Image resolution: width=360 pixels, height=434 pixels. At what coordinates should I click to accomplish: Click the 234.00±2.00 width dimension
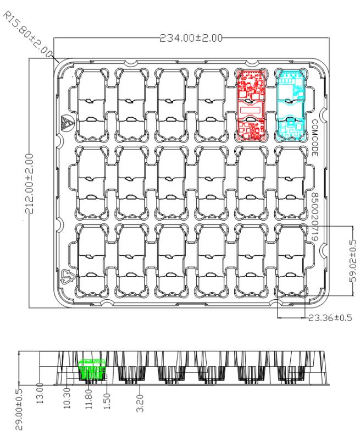(191, 38)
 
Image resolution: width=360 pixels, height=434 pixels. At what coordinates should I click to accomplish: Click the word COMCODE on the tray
(315, 139)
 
